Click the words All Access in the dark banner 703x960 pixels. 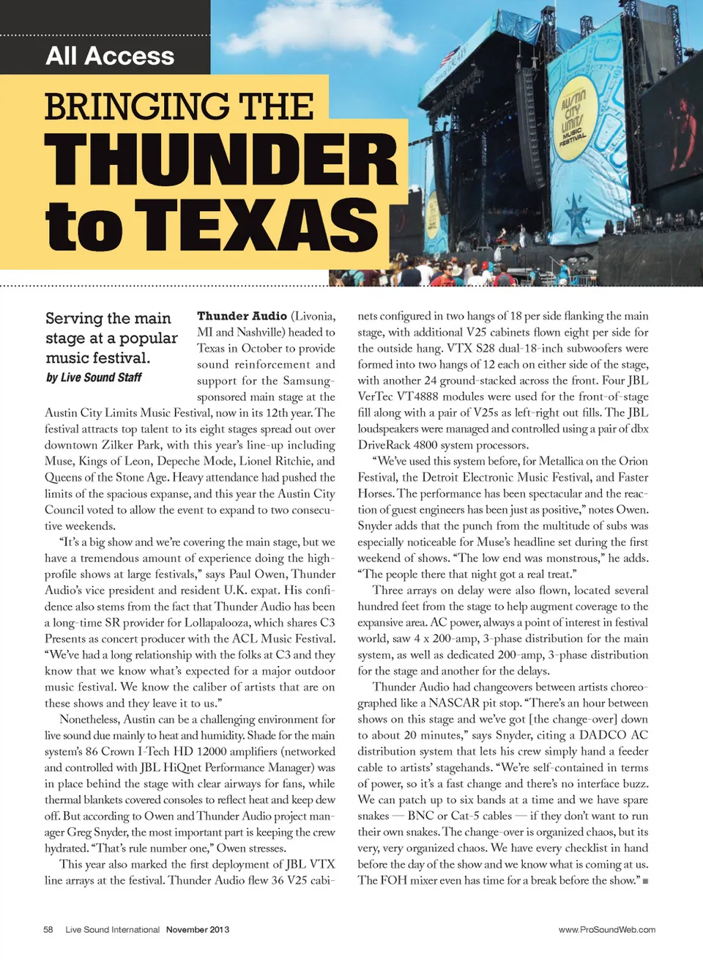(110, 56)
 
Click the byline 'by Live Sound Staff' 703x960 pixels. (94, 377)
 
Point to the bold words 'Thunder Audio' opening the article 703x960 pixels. (242, 316)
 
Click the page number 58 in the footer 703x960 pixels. (48, 929)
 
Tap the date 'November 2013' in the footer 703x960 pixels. (198, 929)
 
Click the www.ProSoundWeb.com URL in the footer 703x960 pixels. (607, 929)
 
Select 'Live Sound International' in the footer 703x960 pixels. (112, 929)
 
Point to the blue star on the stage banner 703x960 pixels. (576, 216)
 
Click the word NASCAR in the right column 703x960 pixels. (455, 703)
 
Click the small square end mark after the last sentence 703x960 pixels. (645, 881)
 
